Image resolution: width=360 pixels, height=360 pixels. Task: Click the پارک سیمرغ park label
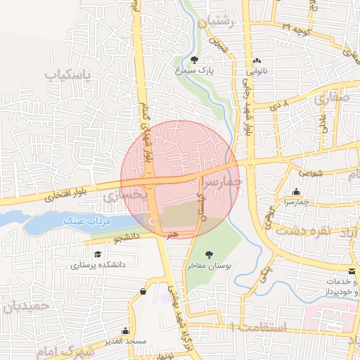tap(194, 70)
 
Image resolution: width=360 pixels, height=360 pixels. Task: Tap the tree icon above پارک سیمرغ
tap(195, 60)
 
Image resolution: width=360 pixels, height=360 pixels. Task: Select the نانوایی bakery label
tap(257, 71)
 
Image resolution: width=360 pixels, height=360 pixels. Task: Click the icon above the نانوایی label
tap(257, 61)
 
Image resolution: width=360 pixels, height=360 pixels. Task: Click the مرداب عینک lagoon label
tap(88, 221)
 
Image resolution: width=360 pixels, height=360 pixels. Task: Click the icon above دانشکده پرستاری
tap(96, 255)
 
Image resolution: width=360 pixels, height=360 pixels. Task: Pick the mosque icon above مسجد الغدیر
tap(126, 330)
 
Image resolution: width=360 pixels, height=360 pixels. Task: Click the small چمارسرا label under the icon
tap(297, 202)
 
